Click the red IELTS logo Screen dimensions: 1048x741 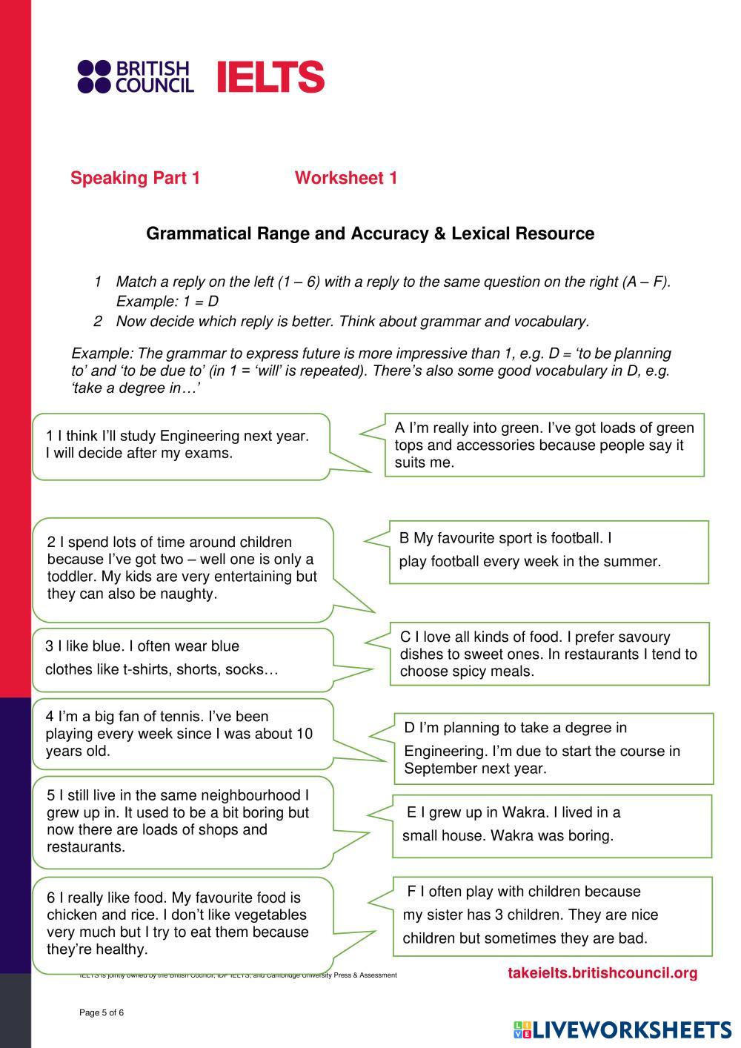pos(270,76)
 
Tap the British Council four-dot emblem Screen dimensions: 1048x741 pos(94,76)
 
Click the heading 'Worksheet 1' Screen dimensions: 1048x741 pos(346,178)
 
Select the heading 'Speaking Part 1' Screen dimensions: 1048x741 pos(135,178)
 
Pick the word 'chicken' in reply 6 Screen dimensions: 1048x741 pos(71,915)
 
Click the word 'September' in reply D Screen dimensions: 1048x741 pos(441,769)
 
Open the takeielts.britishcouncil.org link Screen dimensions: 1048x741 pos(602,973)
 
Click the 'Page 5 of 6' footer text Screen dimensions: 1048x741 pos(102,1012)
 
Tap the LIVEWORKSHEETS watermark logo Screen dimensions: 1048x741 pos(622,1029)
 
